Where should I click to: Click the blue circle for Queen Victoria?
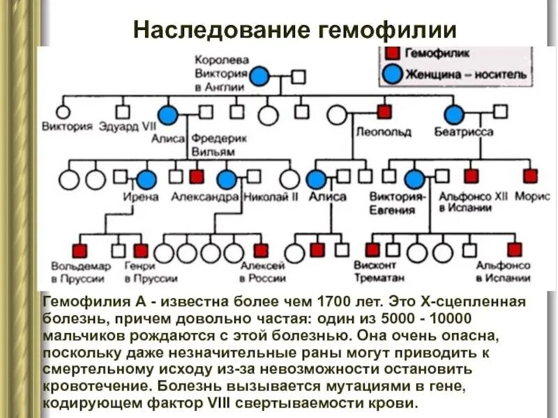(259, 77)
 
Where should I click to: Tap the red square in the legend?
(393, 53)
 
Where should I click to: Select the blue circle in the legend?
(393, 74)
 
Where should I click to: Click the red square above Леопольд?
(384, 111)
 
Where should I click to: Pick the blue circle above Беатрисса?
(454, 114)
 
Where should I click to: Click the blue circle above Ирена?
(146, 179)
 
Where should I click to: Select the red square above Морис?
(531, 176)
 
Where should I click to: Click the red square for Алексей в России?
(261, 250)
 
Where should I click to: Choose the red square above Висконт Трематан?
(373, 249)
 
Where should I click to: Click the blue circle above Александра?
(227, 179)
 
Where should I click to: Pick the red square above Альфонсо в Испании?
(515, 249)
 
